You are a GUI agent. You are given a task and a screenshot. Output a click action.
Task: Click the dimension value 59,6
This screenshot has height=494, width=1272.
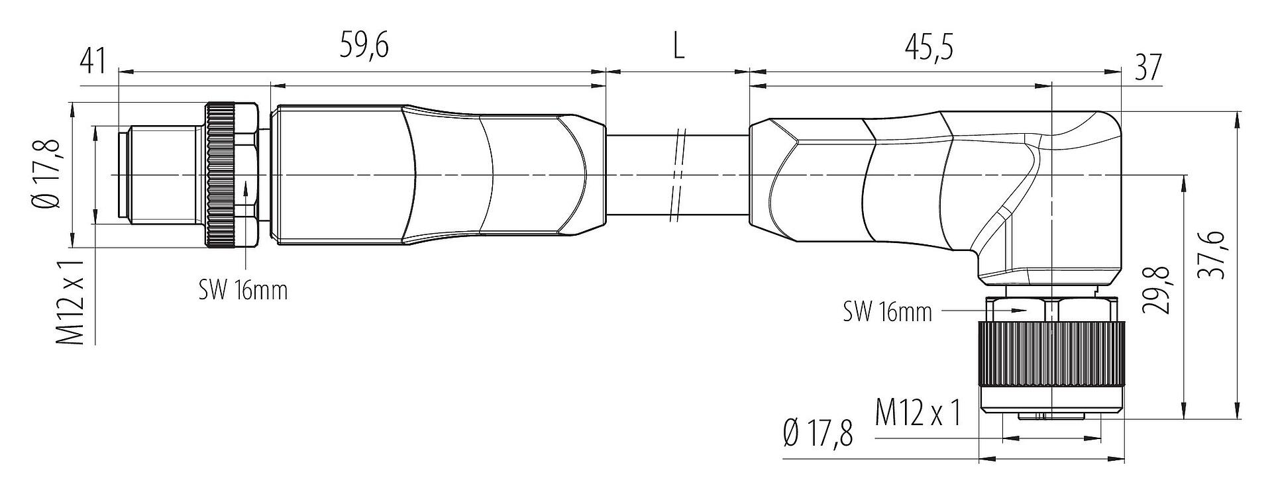click(x=364, y=46)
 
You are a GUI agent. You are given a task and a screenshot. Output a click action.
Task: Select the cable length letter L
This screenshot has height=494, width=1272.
click(x=678, y=46)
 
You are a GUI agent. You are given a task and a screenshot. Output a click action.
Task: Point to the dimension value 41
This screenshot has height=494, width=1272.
click(x=93, y=62)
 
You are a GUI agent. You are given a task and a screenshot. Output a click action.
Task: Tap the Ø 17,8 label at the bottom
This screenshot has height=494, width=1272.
click(x=818, y=433)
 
